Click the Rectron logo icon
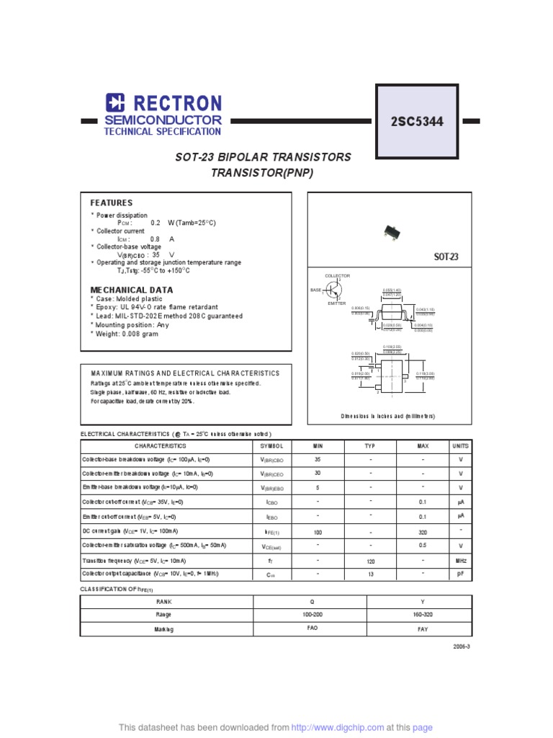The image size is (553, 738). pos(116,103)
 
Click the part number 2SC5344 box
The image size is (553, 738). pos(417,122)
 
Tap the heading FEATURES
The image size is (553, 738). pos(111,203)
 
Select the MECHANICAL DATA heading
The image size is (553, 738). pos(131,290)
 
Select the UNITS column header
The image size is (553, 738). pos(460,446)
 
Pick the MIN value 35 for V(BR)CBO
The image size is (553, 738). pos(318,459)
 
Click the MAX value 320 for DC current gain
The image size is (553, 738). pos(423,531)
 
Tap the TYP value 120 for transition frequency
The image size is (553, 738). pos(371,560)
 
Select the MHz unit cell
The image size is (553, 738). pos(460,560)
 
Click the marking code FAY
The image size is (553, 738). pos(423,629)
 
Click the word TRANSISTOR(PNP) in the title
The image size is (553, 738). pos(263,173)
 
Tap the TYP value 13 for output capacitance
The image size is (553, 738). pos(371,574)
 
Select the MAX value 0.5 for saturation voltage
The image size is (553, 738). pos(423,546)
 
